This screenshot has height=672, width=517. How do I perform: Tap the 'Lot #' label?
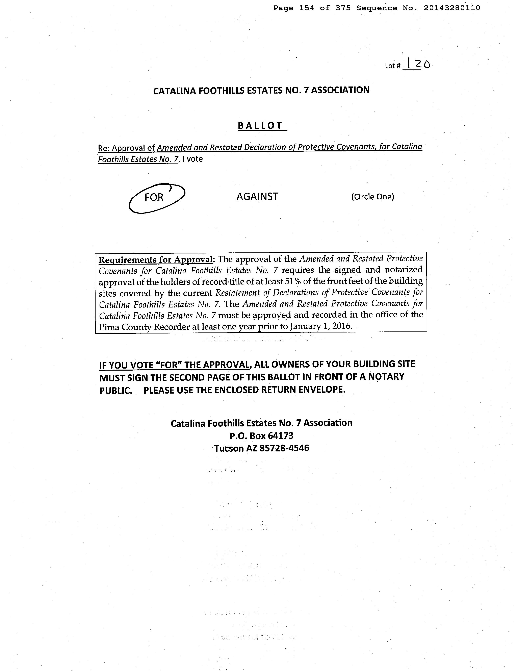pos(392,66)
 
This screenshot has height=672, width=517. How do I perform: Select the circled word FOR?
pos(154,197)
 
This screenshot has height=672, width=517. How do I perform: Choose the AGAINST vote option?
pos(257,197)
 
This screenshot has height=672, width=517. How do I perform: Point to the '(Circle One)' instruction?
pos(372,197)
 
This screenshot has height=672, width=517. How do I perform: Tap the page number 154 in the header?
pos(307,8)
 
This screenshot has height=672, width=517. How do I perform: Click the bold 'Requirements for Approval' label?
pos(155,260)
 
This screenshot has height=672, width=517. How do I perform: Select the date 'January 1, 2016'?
pos(321,326)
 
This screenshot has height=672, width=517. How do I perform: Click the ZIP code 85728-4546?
pos(284,448)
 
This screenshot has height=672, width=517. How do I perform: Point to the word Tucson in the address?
pos(229,449)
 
